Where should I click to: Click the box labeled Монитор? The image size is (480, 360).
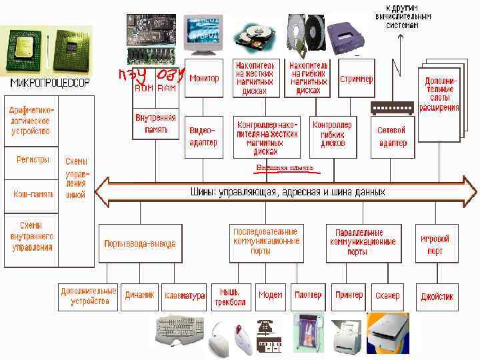click(x=203, y=79)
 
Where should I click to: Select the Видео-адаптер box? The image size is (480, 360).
click(x=203, y=136)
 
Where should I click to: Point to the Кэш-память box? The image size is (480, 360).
click(x=33, y=194)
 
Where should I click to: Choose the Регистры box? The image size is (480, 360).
click(x=33, y=160)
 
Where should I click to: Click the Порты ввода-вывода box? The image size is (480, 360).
click(x=140, y=243)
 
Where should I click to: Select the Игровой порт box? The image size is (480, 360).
click(x=435, y=244)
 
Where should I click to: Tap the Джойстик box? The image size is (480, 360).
click(x=437, y=296)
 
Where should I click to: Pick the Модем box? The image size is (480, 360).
click(x=270, y=295)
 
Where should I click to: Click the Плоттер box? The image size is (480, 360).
click(x=308, y=295)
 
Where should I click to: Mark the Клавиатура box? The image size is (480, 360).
click(x=184, y=295)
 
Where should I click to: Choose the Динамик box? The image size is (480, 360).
click(x=139, y=295)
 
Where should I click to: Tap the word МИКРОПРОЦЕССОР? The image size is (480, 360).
click(x=49, y=83)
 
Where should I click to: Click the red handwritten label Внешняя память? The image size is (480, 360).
click(x=285, y=168)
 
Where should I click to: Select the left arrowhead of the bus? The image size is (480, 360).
click(x=102, y=192)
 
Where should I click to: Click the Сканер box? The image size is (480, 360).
click(x=387, y=295)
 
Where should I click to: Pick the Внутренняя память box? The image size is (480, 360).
click(x=156, y=123)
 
